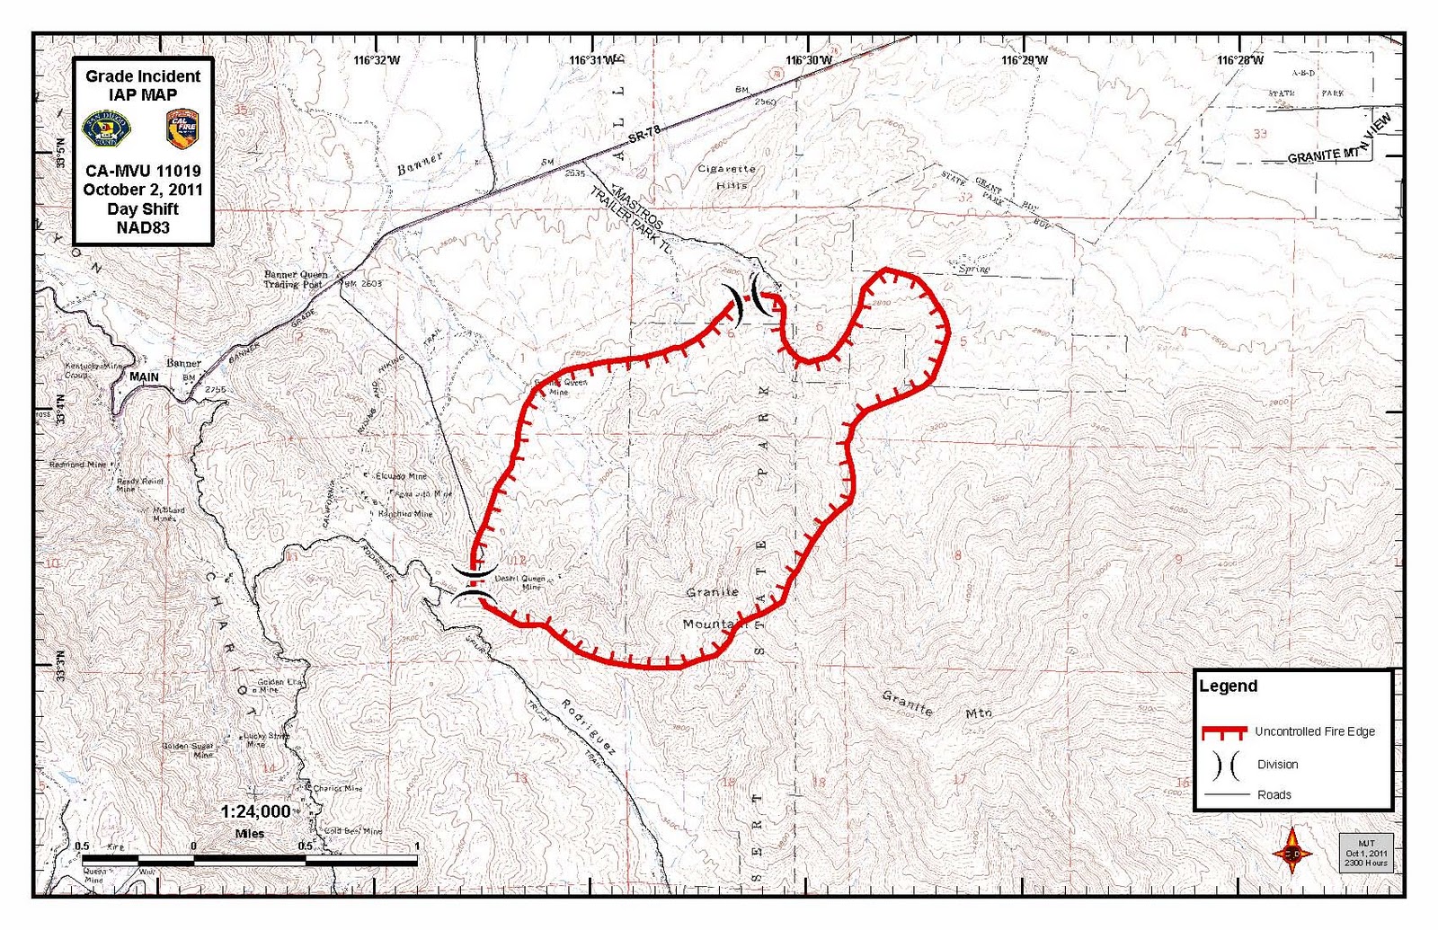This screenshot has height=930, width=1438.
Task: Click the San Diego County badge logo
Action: [106, 128]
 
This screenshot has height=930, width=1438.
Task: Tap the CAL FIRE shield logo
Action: [182, 128]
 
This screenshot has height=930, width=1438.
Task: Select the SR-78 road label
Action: [644, 135]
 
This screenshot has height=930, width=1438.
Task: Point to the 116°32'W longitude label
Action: [377, 60]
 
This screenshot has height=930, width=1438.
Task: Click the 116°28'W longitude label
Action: [1239, 60]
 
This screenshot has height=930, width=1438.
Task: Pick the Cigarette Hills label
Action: [727, 176]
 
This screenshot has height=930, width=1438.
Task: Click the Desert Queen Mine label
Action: [520, 582]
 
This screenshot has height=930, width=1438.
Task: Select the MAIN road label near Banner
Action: [144, 376]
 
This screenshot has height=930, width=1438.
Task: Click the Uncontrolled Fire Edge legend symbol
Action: [1223, 731]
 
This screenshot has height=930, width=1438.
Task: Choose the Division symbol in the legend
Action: [1225, 765]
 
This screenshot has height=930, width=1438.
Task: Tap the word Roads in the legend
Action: [1274, 794]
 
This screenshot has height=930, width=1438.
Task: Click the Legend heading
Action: [1228, 686]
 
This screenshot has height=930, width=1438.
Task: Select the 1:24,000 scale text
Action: [255, 811]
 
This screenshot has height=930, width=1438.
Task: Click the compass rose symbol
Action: [1292, 852]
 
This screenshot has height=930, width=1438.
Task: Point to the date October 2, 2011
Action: [143, 190]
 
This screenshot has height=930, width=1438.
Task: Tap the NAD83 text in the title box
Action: [143, 227]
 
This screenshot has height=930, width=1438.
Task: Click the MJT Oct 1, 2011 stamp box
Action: [1365, 853]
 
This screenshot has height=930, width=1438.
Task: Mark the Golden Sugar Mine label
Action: [189, 749]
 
